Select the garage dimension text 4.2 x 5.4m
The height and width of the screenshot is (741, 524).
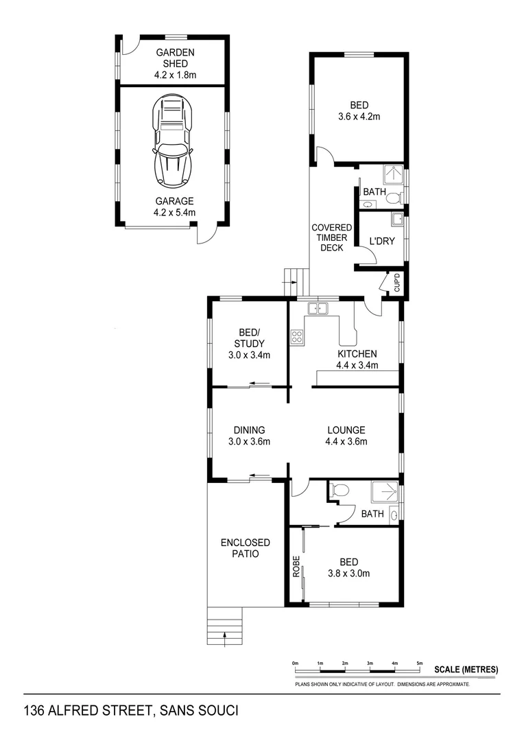pyautogui.click(x=174, y=213)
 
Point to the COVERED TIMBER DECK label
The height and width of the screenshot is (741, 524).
pyautogui.click(x=332, y=237)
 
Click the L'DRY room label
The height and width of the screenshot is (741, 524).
pyautogui.click(x=381, y=242)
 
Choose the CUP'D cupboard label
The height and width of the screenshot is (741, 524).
pyautogui.click(x=396, y=283)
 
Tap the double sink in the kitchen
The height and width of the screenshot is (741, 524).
pyautogui.click(x=317, y=309)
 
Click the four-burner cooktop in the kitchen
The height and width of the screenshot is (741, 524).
pyautogui.click(x=298, y=336)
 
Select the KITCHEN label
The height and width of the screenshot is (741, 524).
pyautogui.click(x=357, y=354)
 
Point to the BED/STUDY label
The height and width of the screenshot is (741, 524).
pyautogui.click(x=249, y=338)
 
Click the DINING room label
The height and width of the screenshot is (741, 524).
pyautogui.click(x=249, y=430)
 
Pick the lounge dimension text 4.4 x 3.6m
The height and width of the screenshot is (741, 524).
pyautogui.click(x=346, y=442)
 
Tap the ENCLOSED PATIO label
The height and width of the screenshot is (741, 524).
pyautogui.click(x=245, y=548)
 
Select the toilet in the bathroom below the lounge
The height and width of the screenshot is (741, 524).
pyautogui.click(x=340, y=490)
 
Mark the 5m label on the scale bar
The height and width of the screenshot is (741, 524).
pyautogui.click(x=420, y=663)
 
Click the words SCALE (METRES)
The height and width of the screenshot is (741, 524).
pyautogui.click(x=466, y=670)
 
